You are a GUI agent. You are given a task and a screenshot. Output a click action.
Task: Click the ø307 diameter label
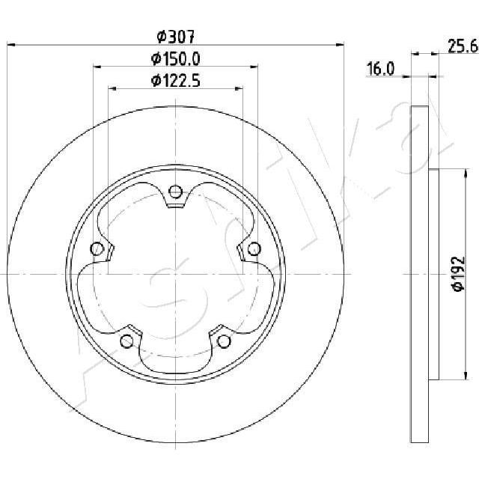click(176, 37)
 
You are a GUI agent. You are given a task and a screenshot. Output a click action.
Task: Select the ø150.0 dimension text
click(176, 58)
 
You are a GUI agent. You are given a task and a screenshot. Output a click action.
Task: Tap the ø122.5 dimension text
click(176, 81)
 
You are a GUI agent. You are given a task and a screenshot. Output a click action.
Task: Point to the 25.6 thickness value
click(463, 46)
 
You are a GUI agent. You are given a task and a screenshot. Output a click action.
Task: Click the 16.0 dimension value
click(380, 69)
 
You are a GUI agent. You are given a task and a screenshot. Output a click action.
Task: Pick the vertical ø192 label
click(459, 274)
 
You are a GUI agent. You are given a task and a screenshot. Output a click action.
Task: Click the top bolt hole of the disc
click(175, 192)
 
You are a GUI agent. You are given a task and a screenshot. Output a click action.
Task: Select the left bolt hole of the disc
click(97, 248)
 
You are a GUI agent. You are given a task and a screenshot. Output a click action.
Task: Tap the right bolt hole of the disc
click(254, 248)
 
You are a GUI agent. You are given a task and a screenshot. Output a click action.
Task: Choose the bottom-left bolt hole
click(127, 341)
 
